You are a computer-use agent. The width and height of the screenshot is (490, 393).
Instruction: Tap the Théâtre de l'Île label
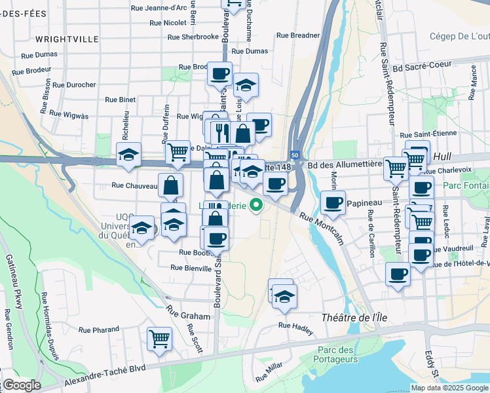pos(351,318)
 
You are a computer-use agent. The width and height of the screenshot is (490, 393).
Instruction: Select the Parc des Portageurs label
pos(335,354)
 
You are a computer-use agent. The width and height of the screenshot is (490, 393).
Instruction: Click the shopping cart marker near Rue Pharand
pos(159,339)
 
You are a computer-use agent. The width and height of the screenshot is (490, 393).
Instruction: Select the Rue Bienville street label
pos(191,267)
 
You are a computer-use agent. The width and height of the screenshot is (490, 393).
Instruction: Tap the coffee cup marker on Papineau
pos(333,202)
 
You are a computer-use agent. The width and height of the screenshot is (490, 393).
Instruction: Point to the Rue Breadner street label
pos(298,35)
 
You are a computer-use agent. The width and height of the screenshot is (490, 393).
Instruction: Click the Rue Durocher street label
pos(73,84)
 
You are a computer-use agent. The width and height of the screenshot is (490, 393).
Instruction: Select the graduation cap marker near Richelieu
pos(128,155)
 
